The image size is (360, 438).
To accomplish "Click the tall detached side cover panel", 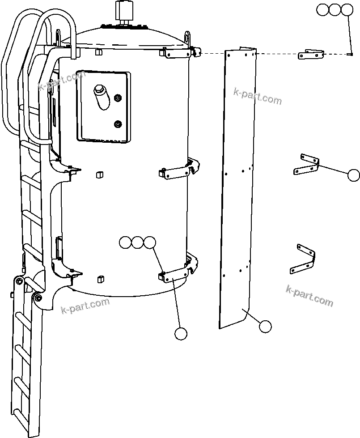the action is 237,188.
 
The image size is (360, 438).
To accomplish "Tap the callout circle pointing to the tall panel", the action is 265,326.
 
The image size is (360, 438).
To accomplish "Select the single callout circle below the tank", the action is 181,333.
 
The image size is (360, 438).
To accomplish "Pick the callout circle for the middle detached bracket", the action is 353,175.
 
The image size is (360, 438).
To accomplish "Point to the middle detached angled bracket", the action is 307,164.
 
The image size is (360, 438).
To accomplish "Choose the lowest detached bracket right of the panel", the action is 304,259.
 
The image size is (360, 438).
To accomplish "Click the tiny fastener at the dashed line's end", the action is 350,55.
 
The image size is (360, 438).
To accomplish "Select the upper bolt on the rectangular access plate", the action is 118,98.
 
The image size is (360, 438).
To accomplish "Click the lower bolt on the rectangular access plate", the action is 118,123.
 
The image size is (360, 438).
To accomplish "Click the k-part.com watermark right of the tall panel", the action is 258,96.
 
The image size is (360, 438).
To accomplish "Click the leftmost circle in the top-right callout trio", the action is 322,10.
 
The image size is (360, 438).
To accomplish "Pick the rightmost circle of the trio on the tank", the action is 150,242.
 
